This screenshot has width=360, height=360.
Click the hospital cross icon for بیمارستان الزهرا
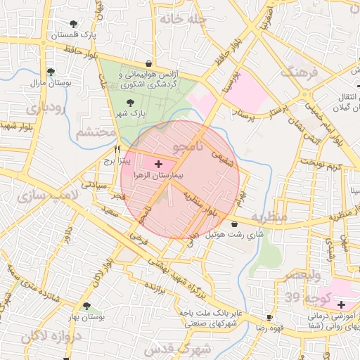(x=157, y=163)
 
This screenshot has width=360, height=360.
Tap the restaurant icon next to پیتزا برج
(x=117, y=149)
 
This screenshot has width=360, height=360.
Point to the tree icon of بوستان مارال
(x=50, y=71)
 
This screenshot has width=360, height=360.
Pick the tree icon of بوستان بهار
(x=87, y=307)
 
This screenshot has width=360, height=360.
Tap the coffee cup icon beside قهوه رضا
(x=270, y=317)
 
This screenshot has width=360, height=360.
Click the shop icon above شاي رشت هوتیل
(x=234, y=224)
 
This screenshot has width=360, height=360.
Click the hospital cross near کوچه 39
(x=341, y=304)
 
